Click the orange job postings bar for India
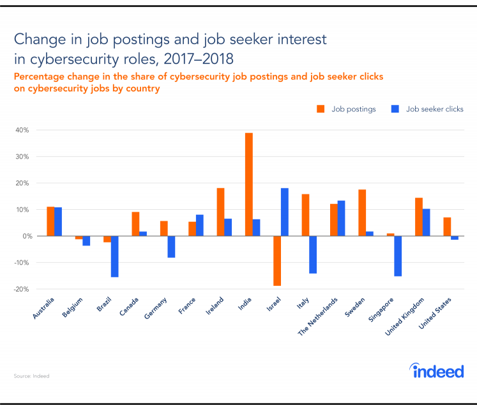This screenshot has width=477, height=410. click(x=249, y=184)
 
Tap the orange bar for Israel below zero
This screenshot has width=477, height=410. click(x=276, y=260)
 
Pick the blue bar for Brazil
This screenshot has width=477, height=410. click(x=114, y=256)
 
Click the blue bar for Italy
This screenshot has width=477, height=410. click(x=313, y=255)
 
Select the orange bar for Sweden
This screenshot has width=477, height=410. click(x=362, y=212)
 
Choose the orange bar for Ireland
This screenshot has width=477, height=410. click(x=220, y=212)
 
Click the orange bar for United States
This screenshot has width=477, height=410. click(x=447, y=226)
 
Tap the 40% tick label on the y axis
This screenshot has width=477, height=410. click(x=22, y=130)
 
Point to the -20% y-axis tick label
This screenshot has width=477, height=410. click(x=20, y=289)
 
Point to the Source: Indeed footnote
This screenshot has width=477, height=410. click(x=31, y=376)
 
